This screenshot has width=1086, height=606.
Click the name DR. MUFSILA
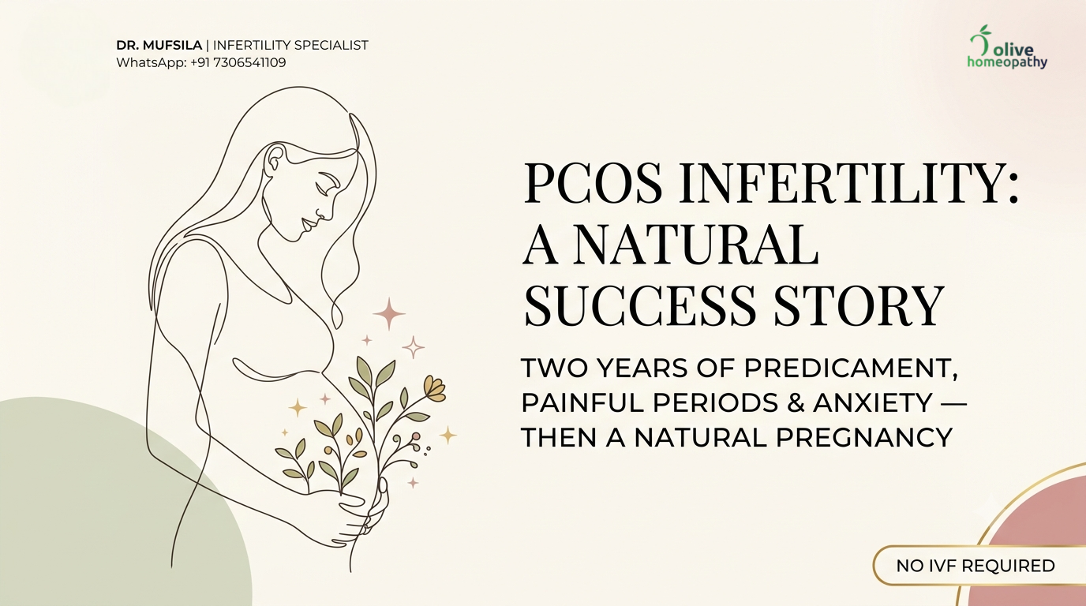point(159,45)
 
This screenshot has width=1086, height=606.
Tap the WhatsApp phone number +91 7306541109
point(238,62)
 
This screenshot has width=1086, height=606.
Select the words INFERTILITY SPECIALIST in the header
point(290,45)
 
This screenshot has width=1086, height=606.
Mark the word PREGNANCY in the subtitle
point(864,437)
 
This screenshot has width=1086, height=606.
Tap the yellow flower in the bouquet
point(434,388)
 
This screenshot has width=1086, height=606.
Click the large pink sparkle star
point(389,314)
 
